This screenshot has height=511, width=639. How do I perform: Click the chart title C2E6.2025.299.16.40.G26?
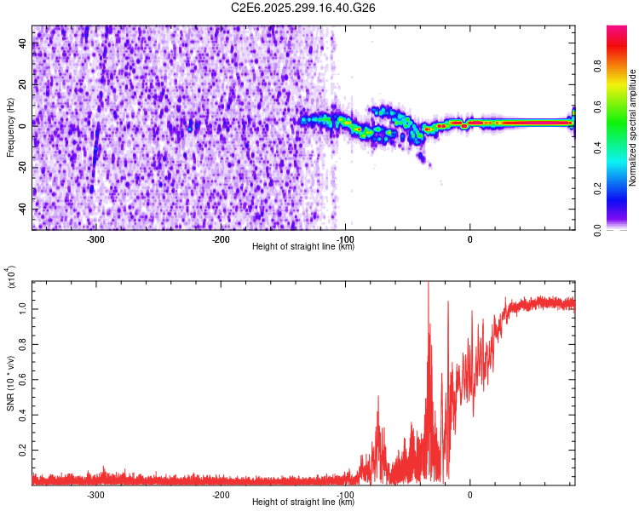303,8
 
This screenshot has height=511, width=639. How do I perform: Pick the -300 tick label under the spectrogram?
95,239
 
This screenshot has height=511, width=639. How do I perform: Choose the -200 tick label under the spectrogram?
220,239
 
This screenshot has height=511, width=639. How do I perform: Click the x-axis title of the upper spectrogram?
303,247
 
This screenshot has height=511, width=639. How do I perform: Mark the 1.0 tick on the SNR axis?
23,305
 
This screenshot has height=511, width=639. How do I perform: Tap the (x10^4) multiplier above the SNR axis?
12,278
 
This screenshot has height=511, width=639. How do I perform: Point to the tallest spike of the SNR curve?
429,284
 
